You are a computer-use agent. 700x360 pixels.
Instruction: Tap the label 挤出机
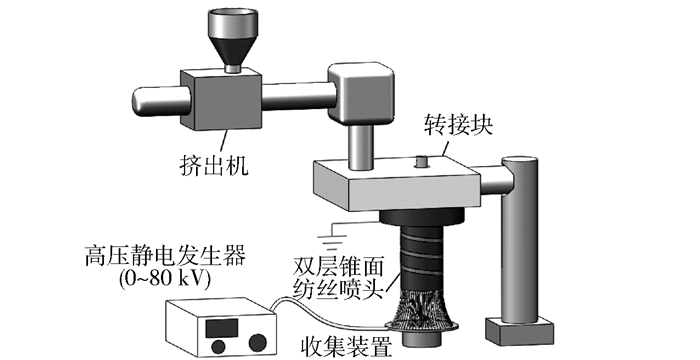(x=214, y=165)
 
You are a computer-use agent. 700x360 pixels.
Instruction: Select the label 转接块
(x=458, y=126)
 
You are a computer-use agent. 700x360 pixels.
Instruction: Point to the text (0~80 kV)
(x=165, y=279)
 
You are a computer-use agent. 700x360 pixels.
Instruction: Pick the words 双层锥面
(x=338, y=267)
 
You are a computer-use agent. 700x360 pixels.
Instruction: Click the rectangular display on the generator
(x=221, y=328)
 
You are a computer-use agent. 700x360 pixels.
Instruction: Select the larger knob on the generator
(x=258, y=343)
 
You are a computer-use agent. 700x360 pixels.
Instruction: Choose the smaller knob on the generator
(x=218, y=347)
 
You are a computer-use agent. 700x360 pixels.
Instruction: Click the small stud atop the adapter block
(x=421, y=162)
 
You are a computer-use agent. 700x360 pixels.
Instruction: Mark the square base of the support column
(x=520, y=331)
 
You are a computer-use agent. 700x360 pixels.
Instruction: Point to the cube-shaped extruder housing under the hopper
(x=221, y=99)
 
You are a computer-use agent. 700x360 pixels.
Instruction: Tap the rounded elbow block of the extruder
(x=361, y=93)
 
